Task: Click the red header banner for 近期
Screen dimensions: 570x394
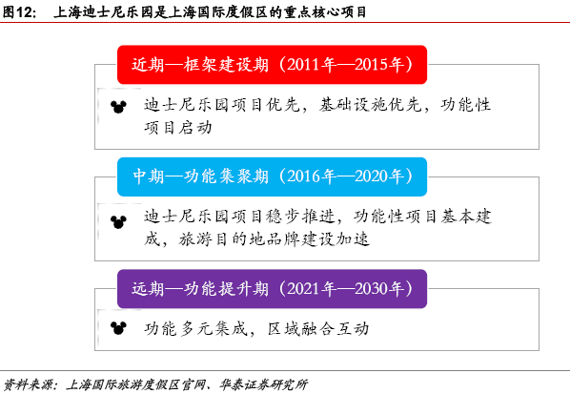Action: (x=272, y=65)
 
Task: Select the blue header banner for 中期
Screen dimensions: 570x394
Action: (x=272, y=176)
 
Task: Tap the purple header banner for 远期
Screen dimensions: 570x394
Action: (x=272, y=289)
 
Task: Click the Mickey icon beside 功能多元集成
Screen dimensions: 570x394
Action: (x=118, y=328)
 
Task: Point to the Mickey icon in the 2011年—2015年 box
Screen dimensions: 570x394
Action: (x=118, y=107)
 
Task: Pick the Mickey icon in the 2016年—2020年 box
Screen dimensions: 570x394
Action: (x=118, y=221)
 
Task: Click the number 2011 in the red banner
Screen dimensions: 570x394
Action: (x=303, y=65)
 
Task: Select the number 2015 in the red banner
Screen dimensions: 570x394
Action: (x=371, y=65)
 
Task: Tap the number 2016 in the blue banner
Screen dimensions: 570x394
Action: (x=303, y=176)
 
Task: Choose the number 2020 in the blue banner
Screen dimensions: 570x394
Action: (x=371, y=176)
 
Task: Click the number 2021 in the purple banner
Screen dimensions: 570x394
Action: (x=303, y=289)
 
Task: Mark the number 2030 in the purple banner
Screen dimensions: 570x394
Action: (x=371, y=289)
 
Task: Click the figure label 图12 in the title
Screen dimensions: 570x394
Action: (x=18, y=12)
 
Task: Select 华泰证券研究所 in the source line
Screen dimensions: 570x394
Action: (x=263, y=384)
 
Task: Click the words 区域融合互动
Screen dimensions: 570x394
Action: (x=318, y=329)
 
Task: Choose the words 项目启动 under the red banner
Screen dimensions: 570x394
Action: (x=177, y=127)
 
